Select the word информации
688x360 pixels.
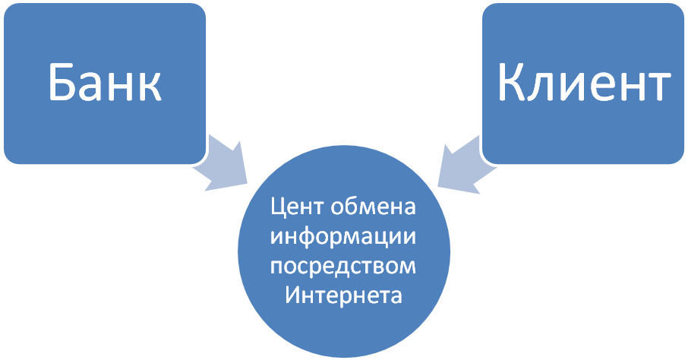(345, 236)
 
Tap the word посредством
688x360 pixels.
(345, 267)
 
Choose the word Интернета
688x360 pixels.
(345, 295)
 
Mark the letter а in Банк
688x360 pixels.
(93, 86)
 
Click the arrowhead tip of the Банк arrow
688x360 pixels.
(249, 182)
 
